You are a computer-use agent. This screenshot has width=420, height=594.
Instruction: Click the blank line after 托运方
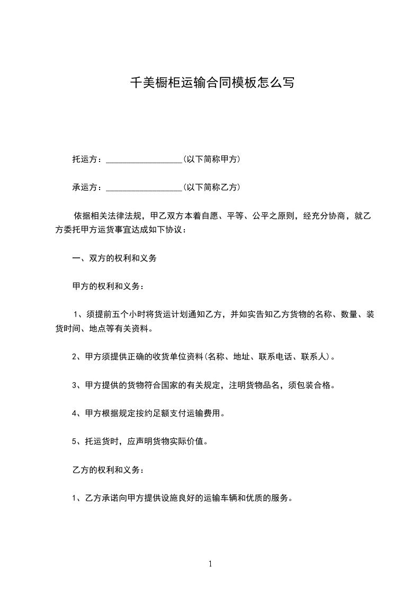pos(144,160)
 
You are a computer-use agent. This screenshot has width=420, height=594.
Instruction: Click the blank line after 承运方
pos(144,188)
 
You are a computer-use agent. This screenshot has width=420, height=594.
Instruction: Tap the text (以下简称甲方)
pos(211,159)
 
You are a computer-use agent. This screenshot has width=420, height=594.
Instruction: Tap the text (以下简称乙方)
pos(211,187)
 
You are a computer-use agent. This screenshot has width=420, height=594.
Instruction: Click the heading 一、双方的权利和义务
pos(114,259)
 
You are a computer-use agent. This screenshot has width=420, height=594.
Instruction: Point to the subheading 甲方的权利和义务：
pos(108,286)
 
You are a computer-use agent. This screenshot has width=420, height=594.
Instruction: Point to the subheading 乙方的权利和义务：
pos(108,470)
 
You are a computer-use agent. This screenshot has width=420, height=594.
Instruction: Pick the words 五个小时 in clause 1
pos(129,314)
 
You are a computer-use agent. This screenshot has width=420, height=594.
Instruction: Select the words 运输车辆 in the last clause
pos(225,498)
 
